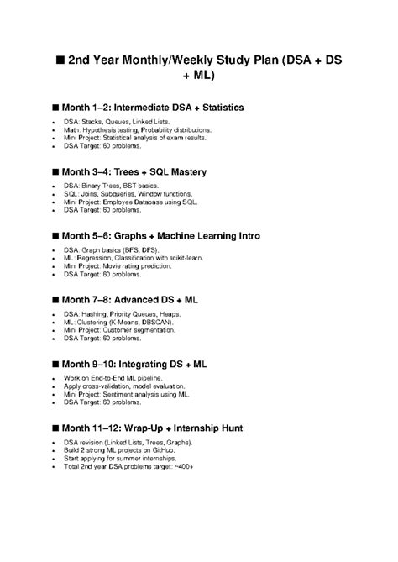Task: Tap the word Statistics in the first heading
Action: [217, 108]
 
